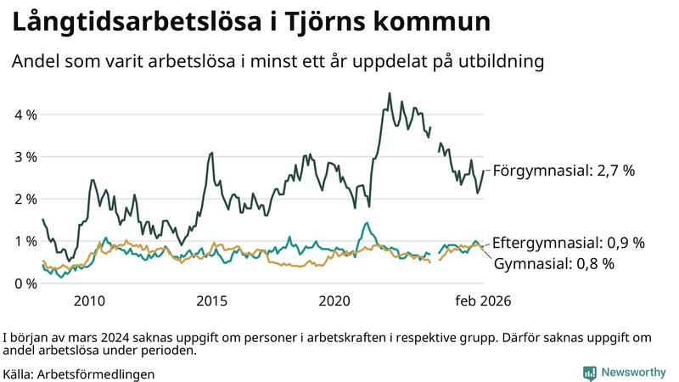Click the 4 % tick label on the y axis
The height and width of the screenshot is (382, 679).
(25, 115)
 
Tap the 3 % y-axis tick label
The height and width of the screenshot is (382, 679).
(25, 157)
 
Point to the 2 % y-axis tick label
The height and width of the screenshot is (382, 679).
(25, 199)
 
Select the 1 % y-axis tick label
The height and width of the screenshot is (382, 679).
(25, 241)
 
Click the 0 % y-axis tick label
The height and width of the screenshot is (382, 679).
(25, 283)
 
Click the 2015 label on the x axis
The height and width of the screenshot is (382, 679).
(212, 301)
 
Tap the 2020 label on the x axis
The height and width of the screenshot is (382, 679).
(334, 301)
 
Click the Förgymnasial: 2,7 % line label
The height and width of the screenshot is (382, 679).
(564, 171)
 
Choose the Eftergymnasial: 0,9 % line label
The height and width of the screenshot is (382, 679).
(568, 243)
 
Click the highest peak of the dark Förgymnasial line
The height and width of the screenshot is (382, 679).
(390, 93)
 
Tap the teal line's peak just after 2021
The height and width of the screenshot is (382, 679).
(366, 223)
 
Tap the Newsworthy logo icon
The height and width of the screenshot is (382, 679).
(589, 372)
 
